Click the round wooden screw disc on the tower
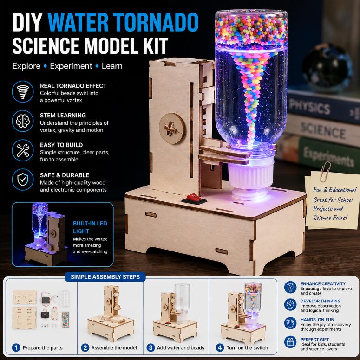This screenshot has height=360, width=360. click(172, 129)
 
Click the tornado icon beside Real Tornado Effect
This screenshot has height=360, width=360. click(23, 91)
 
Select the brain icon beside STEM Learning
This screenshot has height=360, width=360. click(23, 121)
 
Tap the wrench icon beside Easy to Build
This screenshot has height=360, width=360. click(23, 150)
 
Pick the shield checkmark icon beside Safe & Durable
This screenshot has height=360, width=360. click(23, 180)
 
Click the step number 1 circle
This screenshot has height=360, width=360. click(16, 347)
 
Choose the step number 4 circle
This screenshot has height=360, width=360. click(220, 347)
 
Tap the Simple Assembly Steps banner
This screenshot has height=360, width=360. click(105, 277)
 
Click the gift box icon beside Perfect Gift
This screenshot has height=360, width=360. click(290, 342)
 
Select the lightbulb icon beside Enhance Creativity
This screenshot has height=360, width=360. click(290, 287)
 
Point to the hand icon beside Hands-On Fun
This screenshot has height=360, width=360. click(290, 323)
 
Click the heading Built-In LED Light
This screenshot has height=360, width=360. click(90, 227)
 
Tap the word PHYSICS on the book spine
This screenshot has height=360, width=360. click(310, 106)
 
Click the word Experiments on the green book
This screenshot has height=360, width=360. click(329, 157)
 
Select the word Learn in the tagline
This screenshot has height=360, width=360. click(112, 66)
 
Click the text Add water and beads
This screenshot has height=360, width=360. click(180, 348)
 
